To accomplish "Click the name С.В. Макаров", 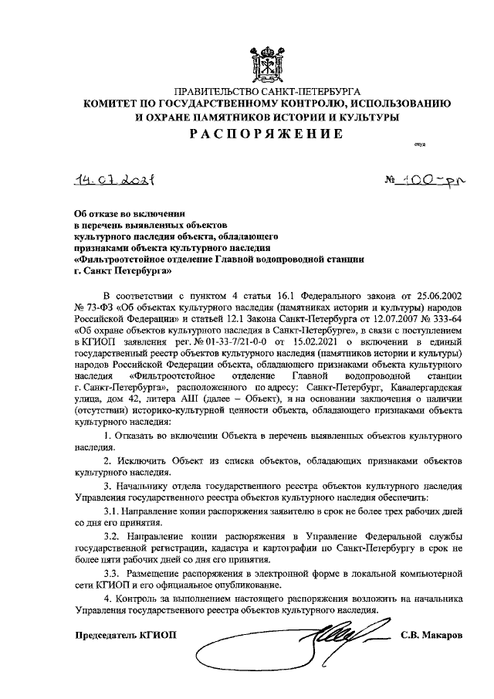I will pyautogui.click(x=431, y=636).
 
